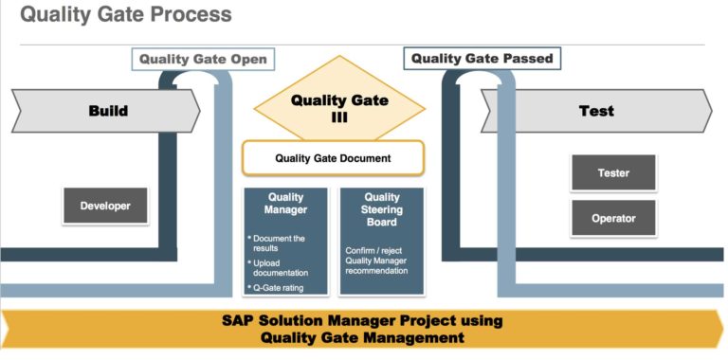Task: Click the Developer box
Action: coord(105,206)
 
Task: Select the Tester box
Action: coord(613,173)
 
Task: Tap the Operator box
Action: coord(613,218)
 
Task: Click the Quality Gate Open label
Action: coord(203,59)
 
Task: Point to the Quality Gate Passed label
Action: coord(482,58)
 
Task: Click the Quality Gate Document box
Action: coord(333,158)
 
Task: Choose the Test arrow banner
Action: coord(597,111)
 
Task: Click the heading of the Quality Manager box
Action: coord(285,204)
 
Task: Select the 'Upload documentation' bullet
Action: coord(281,268)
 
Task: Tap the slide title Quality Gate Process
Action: coord(125,15)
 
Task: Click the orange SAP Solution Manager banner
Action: coord(363,328)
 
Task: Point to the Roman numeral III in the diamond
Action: coord(339,117)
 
